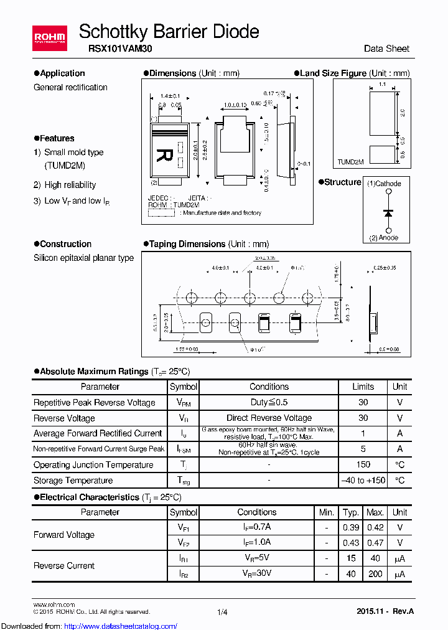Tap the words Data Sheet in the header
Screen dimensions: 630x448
[x=386, y=49]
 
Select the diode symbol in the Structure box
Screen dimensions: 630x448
[x=389, y=212]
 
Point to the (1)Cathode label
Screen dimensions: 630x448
[x=384, y=184]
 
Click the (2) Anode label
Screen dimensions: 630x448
[x=384, y=237]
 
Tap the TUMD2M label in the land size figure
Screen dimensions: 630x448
[x=350, y=161]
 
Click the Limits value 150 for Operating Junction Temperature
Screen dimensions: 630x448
[x=363, y=464]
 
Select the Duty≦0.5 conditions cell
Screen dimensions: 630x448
[x=269, y=402]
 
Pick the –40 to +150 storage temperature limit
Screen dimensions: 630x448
[x=363, y=480]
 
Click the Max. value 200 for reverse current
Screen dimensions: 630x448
[x=375, y=573]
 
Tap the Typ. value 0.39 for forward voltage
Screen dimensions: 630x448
[x=351, y=527]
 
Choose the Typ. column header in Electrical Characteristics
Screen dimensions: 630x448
[x=351, y=512]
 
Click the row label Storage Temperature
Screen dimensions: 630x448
[x=73, y=480]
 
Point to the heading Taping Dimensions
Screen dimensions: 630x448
[x=187, y=244]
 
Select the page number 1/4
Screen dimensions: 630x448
[x=223, y=612]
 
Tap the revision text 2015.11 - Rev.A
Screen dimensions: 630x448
[x=385, y=611]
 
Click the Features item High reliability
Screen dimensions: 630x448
[x=70, y=185]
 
